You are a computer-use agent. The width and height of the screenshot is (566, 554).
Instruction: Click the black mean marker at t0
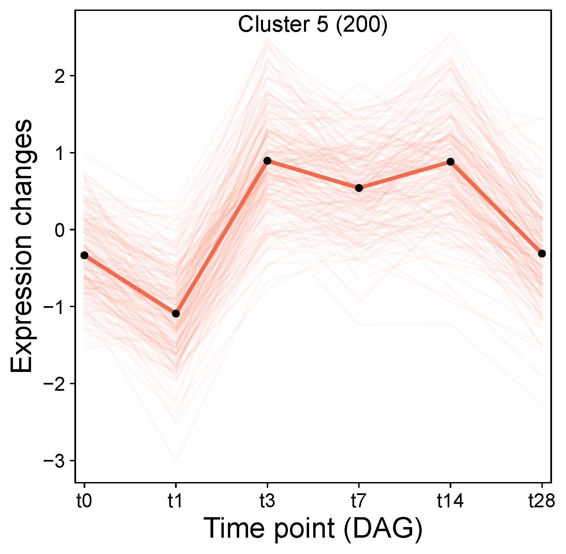point(84,255)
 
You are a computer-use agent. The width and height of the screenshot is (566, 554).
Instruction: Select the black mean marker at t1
point(176,313)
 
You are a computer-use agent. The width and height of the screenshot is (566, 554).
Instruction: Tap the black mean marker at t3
point(267,161)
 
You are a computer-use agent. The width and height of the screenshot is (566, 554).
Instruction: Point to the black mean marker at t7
point(359,188)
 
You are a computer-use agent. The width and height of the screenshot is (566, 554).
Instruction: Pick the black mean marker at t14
point(450,162)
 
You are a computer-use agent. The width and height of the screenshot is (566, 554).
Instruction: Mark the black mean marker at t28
point(542,253)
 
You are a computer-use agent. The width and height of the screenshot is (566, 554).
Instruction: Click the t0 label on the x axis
point(84,501)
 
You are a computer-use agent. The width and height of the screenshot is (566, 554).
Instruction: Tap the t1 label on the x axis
point(175,501)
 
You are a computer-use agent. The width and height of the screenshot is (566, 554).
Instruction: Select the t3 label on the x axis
point(267,501)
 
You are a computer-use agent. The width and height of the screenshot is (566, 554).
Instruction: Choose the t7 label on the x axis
point(359,501)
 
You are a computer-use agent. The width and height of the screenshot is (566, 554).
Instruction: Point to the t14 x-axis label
point(450,501)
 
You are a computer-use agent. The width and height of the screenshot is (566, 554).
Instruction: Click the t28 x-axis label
point(542,501)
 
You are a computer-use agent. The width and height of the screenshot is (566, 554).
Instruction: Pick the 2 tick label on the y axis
point(60,76)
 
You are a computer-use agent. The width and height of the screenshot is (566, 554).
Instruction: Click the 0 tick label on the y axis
point(60,230)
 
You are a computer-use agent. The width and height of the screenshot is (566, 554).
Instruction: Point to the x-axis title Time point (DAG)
point(313,529)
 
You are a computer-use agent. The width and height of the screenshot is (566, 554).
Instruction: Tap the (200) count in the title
point(362,25)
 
